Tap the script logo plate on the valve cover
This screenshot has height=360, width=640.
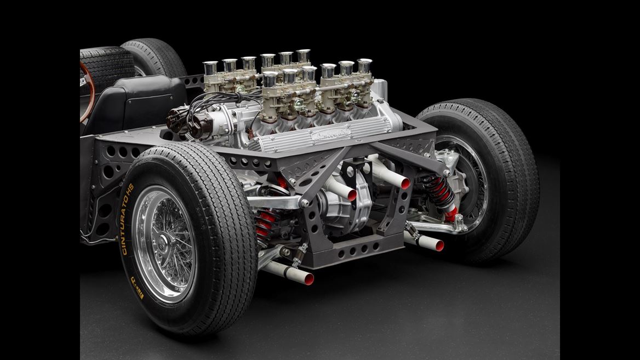coord(330,134)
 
